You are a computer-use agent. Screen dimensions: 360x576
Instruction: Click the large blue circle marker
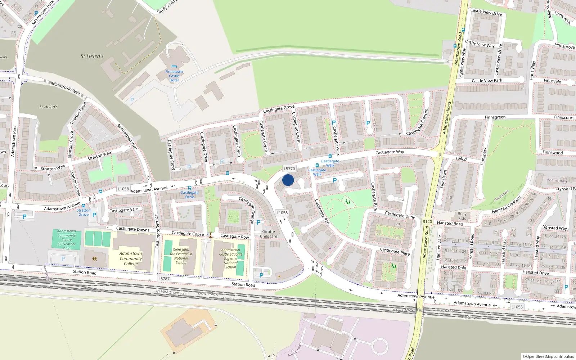(x=288, y=180)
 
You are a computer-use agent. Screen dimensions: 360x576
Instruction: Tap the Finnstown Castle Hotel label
(x=174, y=76)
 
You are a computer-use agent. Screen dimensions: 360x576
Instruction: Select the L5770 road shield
(x=289, y=168)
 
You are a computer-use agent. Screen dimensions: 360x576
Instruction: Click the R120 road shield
(x=427, y=222)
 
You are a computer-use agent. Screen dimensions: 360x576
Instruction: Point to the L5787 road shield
(x=164, y=279)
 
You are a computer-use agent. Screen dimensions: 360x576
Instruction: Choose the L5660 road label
(x=461, y=159)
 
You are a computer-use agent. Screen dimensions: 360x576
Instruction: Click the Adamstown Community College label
(x=131, y=258)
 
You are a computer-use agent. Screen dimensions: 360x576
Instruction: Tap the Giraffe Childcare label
(x=269, y=234)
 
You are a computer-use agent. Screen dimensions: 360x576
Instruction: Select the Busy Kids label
(x=462, y=216)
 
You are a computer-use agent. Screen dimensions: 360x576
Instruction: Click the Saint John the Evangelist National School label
(x=181, y=256)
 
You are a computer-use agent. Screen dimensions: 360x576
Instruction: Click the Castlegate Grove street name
(x=279, y=109)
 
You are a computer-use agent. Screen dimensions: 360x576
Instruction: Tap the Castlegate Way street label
(x=390, y=152)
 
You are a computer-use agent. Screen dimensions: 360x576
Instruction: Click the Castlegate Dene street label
(x=400, y=215)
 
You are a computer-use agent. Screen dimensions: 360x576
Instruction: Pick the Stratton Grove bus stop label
(x=84, y=212)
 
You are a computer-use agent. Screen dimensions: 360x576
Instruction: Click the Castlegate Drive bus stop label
(x=189, y=195)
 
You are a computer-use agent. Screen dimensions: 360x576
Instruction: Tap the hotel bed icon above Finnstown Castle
(x=174, y=66)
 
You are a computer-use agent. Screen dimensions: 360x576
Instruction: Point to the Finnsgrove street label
(x=564, y=46)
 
